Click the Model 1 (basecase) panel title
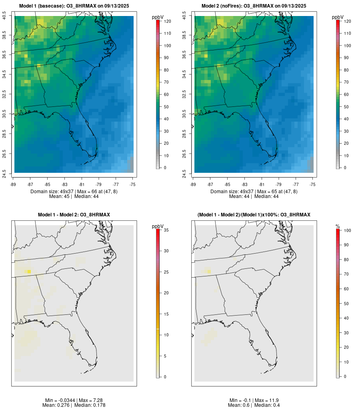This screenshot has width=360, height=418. [x=74, y=6]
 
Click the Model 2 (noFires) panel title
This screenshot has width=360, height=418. [x=254, y=6]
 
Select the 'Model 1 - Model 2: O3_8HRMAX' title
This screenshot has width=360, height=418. [x=74, y=215]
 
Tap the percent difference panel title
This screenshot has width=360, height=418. [x=254, y=215]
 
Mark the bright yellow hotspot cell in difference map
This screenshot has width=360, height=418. [x=29, y=272]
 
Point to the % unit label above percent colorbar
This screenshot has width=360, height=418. [x=338, y=226]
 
